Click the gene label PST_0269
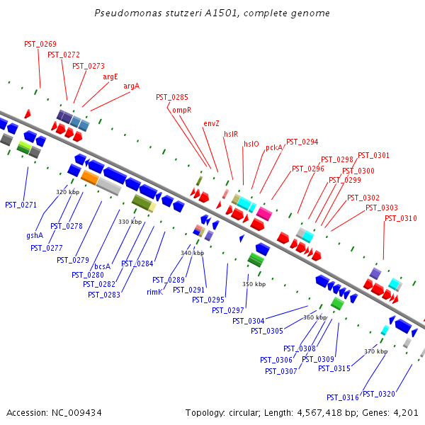[40, 44]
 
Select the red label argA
[132, 86]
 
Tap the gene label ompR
[182, 110]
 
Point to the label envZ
[211, 123]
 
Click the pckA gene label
[274, 148]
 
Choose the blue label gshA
[35, 235]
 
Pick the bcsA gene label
[103, 266]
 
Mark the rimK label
[155, 292]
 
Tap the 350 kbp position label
[254, 284]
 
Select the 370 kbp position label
[376, 351]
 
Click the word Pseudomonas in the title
[120, 13]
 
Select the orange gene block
[89, 177]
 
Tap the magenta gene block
[264, 213]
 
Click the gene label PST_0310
[401, 218]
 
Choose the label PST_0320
[378, 395]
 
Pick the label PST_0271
[21, 205]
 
